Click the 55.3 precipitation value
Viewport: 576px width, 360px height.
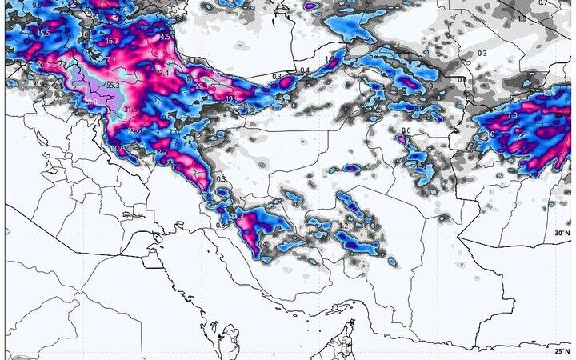pyautogui.click(x=112, y=86)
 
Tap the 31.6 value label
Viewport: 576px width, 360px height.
pyautogui.click(x=130, y=110)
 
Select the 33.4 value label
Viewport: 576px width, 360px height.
pyautogui.click(x=162, y=74)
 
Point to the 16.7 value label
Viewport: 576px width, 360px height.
pyautogui.click(x=112, y=41)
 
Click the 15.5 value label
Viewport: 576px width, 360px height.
pyautogui.click(x=42, y=34)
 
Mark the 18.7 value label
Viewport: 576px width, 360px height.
pyautogui.click(x=117, y=149)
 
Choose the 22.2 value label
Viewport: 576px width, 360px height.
pyautogui.click(x=160, y=153)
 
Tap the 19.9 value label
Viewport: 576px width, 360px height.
pyautogui.click(x=232, y=99)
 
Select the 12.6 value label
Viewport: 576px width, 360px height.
pyautogui.click(x=549, y=94)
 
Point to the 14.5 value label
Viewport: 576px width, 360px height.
pyautogui.click(x=165, y=37)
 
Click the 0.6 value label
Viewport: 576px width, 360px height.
pyautogui.click(x=406, y=130)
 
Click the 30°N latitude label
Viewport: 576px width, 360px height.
pyautogui.click(x=562, y=233)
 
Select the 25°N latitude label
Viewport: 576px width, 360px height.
pyautogui.click(x=562, y=350)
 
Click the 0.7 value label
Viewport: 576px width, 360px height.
pyautogui.click(x=565, y=4)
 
